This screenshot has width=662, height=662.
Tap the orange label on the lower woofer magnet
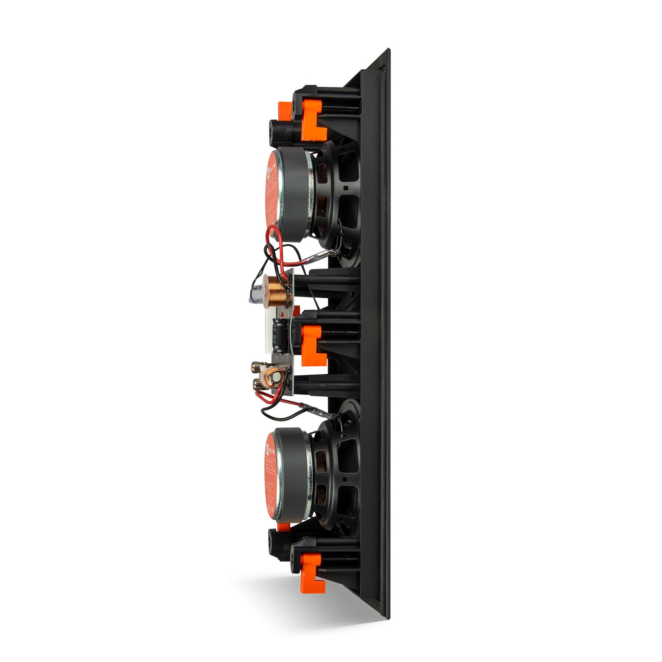tap(270, 474)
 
